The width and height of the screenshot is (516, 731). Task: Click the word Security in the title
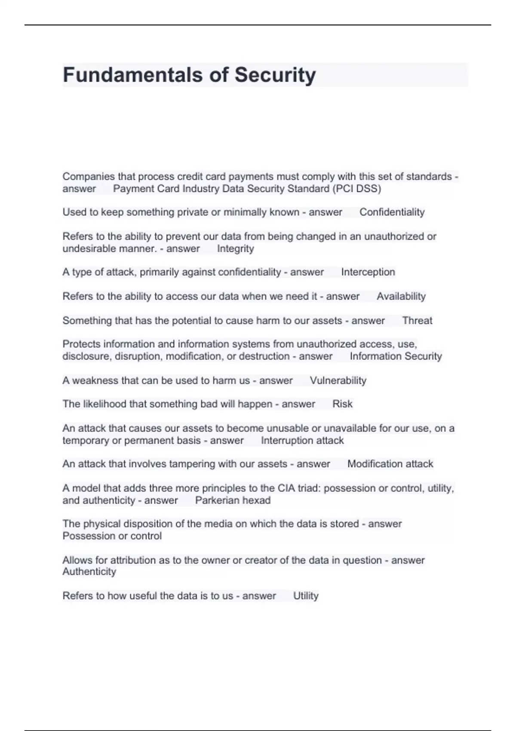(x=275, y=75)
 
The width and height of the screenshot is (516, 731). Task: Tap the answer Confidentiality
(x=392, y=212)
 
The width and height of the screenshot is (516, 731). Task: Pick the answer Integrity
(x=235, y=249)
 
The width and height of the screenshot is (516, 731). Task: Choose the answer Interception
(x=368, y=272)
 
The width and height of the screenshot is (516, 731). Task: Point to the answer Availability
(x=401, y=296)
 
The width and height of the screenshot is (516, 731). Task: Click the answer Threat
(x=417, y=320)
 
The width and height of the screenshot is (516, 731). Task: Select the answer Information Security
(x=396, y=356)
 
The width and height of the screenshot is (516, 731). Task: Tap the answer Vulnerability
(x=338, y=381)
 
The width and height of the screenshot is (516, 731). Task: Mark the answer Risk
(x=342, y=404)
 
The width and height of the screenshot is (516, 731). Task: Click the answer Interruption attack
(x=302, y=441)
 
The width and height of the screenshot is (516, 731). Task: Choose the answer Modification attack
(x=390, y=464)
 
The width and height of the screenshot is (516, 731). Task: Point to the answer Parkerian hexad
(x=233, y=501)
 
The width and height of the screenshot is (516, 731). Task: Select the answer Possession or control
(x=112, y=536)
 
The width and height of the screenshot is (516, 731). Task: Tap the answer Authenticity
(x=89, y=572)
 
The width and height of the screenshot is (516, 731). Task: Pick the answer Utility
(x=306, y=596)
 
